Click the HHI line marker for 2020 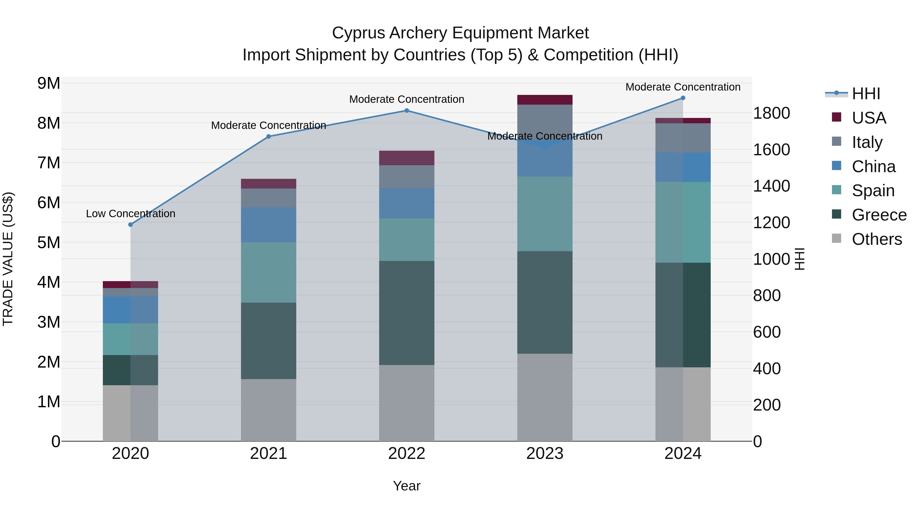130,225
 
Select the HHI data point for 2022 407,111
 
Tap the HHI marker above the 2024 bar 683,98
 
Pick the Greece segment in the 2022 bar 407,313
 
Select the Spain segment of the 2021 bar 269,272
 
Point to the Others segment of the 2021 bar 269,410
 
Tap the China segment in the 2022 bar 407,203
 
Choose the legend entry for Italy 867,142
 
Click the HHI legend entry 865,94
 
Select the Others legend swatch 837,238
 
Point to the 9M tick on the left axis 49,83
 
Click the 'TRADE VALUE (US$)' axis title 8,259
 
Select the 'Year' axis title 407,486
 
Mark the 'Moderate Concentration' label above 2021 269,126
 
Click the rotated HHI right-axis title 799,259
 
